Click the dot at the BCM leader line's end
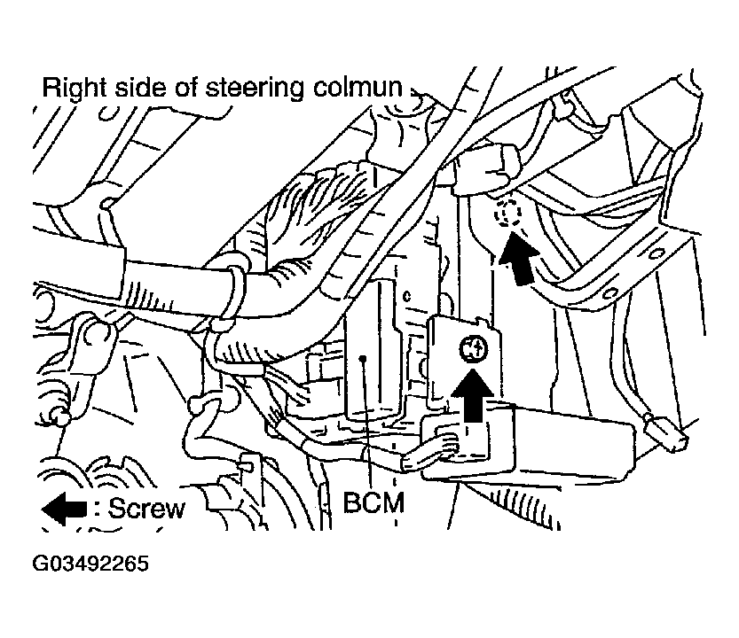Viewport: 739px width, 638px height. tap(363, 360)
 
